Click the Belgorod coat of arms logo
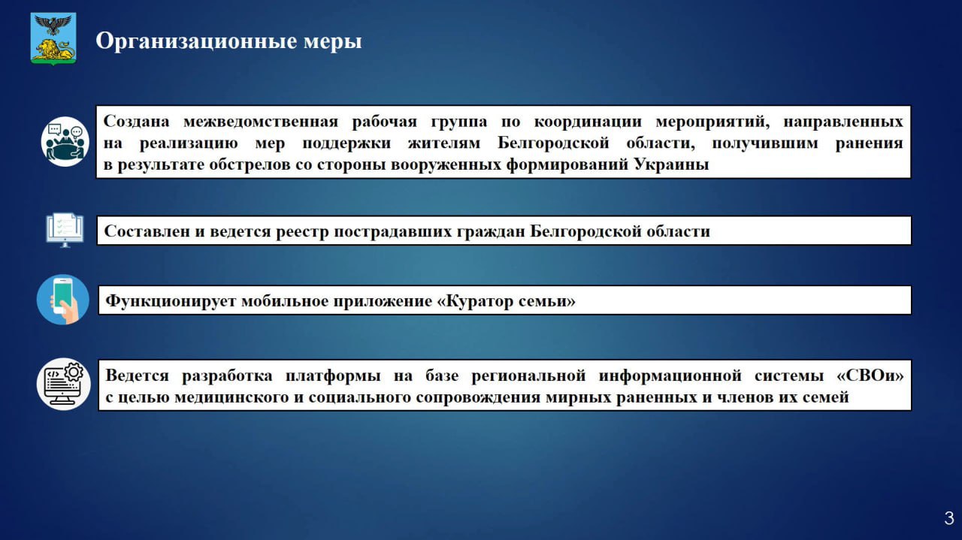(53, 38)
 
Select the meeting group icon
(65, 142)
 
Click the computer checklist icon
(65, 230)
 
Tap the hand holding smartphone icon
(63, 300)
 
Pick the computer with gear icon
(64, 385)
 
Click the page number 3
(949, 518)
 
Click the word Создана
(136, 122)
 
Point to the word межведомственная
(261, 122)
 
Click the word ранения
(869, 143)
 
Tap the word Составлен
(147, 231)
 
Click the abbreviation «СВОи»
(870, 376)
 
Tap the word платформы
(333, 376)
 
